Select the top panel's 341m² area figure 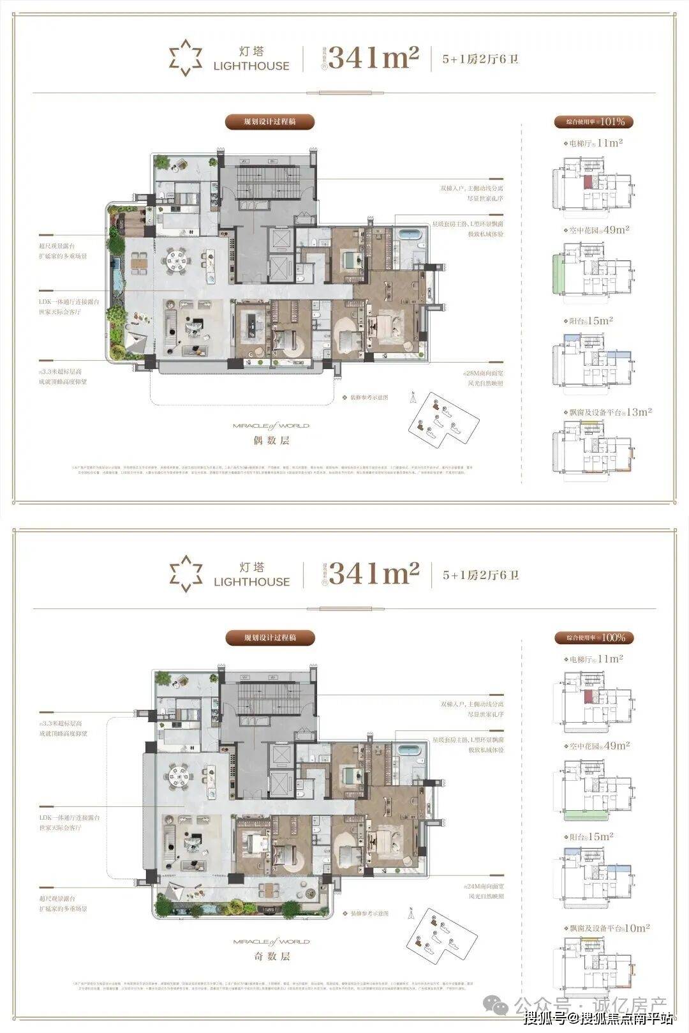[x=374, y=59]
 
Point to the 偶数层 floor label [x=271, y=441]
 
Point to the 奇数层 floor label [x=271, y=956]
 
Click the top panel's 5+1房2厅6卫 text [x=481, y=59]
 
